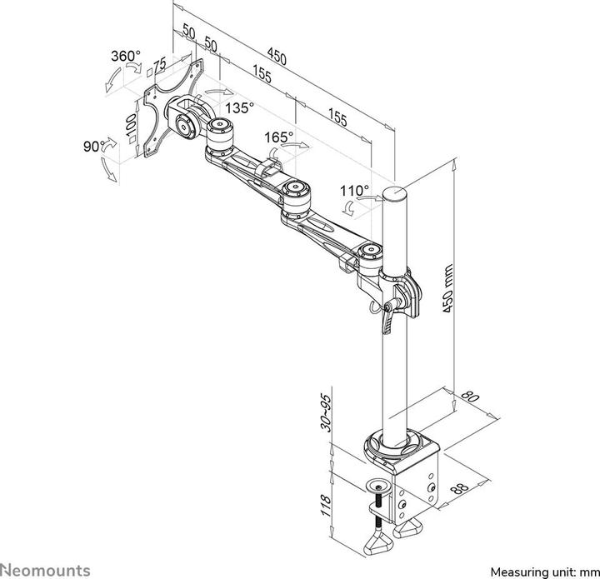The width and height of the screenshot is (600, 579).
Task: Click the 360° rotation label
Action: click(126, 57)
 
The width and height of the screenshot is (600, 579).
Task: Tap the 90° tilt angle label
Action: click(92, 145)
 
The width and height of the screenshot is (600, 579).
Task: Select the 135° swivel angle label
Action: click(239, 108)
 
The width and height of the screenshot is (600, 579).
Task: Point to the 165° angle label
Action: click(279, 137)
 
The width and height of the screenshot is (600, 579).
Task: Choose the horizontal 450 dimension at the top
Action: click(277, 58)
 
